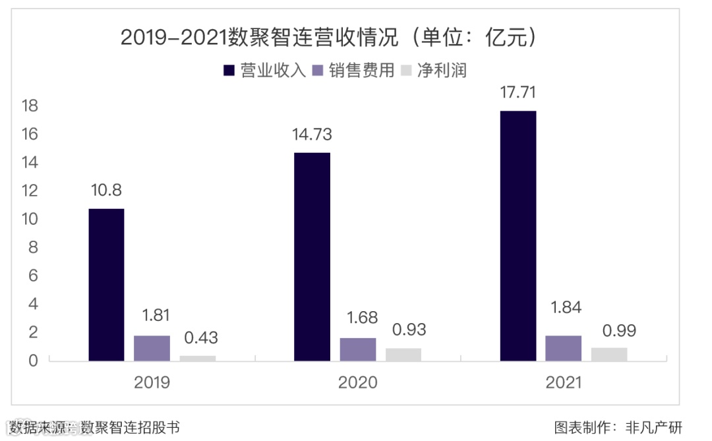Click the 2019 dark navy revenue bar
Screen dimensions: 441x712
click(x=106, y=285)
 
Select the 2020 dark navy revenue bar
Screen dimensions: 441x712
click(x=312, y=257)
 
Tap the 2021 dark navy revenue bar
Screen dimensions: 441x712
click(x=518, y=236)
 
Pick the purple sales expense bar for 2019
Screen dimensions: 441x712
click(x=152, y=348)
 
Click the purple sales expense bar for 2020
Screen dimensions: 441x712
click(x=357, y=349)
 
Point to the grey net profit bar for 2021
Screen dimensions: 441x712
click(x=608, y=354)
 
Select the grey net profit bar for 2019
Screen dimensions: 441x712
click(x=197, y=358)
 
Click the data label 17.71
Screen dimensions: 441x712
click(x=518, y=93)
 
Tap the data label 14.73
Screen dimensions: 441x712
click(x=312, y=135)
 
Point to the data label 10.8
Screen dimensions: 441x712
click(x=106, y=191)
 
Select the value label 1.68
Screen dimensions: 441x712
click(x=360, y=318)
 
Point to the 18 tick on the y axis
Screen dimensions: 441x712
click(x=30, y=106)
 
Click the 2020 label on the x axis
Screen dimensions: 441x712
click(x=357, y=382)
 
